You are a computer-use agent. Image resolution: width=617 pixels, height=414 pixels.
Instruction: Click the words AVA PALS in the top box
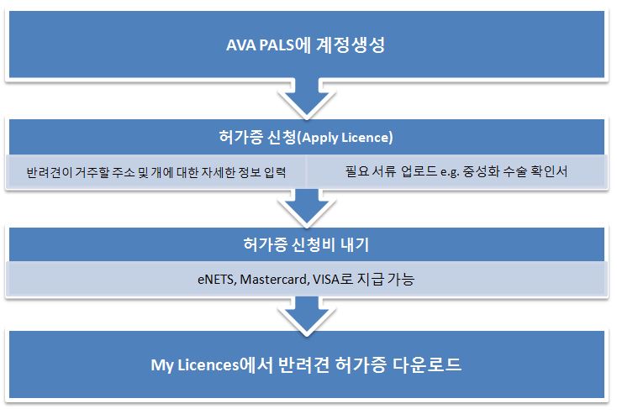click(x=260, y=45)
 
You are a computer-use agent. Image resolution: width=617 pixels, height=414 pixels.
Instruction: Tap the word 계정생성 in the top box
click(x=351, y=45)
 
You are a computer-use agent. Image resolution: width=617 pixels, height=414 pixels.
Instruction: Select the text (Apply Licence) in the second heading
click(x=345, y=138)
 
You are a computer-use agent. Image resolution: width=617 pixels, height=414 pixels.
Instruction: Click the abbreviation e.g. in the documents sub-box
click(x=450, y=172)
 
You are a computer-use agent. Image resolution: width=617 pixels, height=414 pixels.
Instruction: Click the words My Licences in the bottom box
click(x=195, y=365)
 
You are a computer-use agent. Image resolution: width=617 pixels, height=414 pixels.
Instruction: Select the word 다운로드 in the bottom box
click(x=426, y=364)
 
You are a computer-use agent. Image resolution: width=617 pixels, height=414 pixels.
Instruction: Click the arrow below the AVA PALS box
click(x=307, y=98)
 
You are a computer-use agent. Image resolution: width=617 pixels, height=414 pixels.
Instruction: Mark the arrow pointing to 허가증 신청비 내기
click(x=307, y=207)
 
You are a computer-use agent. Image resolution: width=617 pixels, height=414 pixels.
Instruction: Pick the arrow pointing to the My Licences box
click(x=307, y=315)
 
